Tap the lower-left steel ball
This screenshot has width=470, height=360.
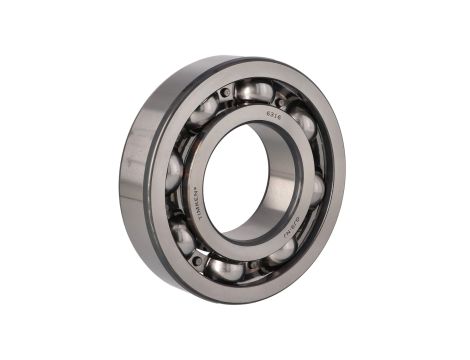(183, 236)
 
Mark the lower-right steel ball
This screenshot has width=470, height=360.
(283, 249)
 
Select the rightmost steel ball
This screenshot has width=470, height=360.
(316, 189)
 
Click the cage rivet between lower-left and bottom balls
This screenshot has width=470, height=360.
(197, 259)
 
